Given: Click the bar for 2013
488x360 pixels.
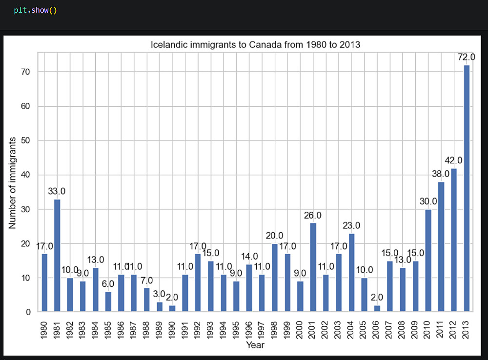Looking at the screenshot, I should click(x=467, y=188).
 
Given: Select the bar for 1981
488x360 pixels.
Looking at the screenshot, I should click(x=57, y=255).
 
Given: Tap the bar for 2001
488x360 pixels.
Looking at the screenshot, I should click(x=313, y=267).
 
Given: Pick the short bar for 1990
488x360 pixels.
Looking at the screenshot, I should click(x=172, y=308).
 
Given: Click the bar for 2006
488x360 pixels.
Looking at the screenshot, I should click(x=377, y=308).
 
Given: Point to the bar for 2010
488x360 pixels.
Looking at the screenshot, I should click(x=428, y=260).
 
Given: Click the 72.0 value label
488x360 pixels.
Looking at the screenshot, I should click(x=467, y=57).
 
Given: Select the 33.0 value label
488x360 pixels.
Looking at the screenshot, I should click(x=57, y=191).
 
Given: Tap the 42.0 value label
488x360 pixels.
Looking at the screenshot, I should click(x=453, y=160).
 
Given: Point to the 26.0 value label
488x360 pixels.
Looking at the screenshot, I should click(x=313, y=215).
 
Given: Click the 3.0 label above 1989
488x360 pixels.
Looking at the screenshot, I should click(x=160, y=294).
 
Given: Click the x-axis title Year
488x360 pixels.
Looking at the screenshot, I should click(x=255, y=345).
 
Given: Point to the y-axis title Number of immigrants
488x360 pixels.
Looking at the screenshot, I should click(x=13, y=183).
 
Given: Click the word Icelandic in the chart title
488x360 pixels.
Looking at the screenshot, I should click(x=169, y=45).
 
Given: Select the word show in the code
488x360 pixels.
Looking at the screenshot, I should click(x=40, y=10).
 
